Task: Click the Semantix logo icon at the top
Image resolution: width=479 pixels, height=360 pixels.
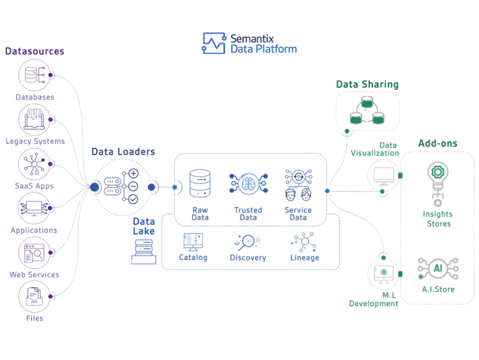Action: pyautogui.click(x=214, y=43)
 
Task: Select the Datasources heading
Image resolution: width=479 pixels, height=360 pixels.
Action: pyautogui.click(x=35, y=52)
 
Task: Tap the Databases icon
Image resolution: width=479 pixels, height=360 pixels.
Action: pyautogui.click(x=34, y=75)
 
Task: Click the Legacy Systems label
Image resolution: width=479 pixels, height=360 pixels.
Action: pyautogui.click(x=35, y=141)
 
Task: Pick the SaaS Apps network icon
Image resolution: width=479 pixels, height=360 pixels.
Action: pyautogui.click(x=34, y=164)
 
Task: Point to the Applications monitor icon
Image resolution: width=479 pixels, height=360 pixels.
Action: pyautogui.click(x=34, y=208)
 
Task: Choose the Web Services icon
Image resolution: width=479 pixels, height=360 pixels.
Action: pyautogui.click(x=34, y=252)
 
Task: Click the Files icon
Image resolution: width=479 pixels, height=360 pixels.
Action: pyautogui.click(x=34, y=297)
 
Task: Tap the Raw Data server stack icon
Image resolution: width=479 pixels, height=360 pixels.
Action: pyautogui.click(x=200, y=183)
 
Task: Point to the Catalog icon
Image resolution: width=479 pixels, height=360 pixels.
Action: pyautogui.click(x=193, y=241)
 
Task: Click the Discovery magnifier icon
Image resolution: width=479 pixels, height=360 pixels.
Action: pyautogui.click(x=247, y=241)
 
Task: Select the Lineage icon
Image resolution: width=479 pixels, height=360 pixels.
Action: pyautogui.click(x=304, y=241)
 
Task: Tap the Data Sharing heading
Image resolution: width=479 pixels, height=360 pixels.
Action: pyautogui.click(x=366, y=84)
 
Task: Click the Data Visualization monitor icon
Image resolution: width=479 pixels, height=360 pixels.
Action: pyautogui.click(x=383, y=176)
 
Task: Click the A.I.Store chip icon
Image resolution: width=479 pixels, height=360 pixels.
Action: pyautogui.click(x=437, y=268)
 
